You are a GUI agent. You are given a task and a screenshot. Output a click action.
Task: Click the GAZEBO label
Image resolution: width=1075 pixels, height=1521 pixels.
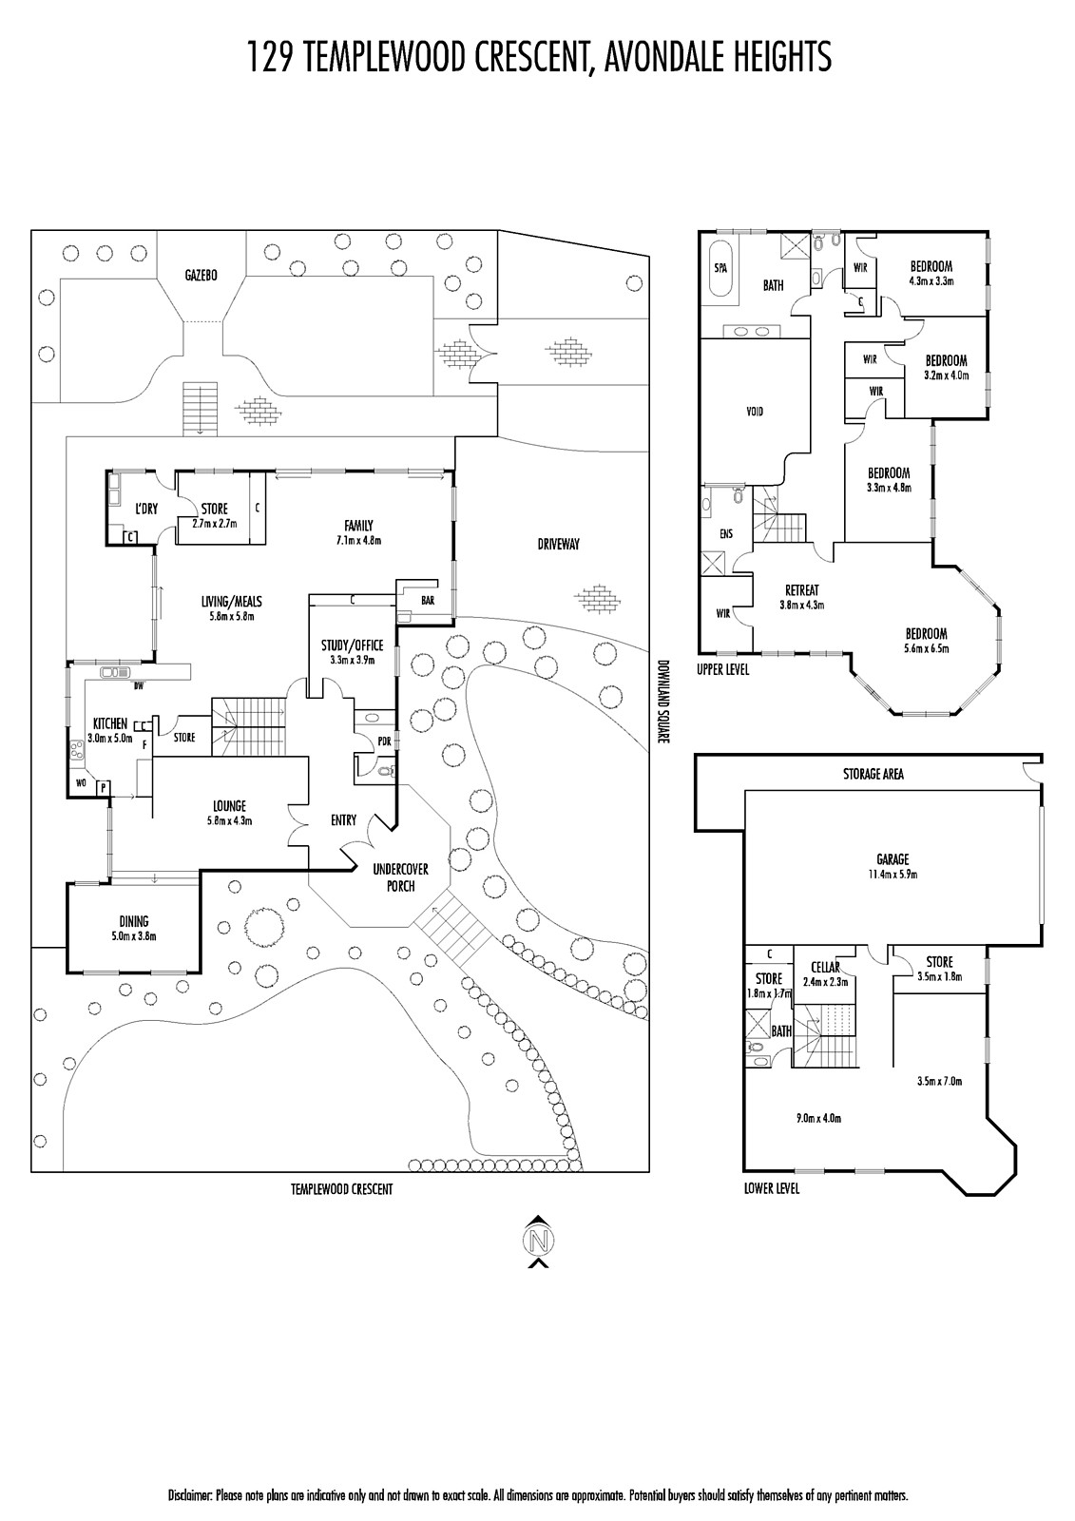201,276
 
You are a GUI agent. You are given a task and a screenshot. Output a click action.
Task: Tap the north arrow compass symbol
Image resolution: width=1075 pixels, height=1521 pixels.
537,1241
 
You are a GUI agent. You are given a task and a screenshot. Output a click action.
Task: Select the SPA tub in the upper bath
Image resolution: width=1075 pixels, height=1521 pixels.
720,268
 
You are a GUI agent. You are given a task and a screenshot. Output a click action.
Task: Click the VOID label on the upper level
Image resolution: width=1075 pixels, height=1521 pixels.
754,412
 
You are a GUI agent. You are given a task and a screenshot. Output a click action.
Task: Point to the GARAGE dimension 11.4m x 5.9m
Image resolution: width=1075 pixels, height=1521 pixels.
893,875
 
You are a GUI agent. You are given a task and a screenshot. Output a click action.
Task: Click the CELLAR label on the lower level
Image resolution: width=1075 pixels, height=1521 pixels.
825,968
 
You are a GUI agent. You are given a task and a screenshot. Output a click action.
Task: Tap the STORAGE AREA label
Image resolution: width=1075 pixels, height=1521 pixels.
873,774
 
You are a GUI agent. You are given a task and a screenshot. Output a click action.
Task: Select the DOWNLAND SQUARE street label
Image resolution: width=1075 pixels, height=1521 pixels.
663,702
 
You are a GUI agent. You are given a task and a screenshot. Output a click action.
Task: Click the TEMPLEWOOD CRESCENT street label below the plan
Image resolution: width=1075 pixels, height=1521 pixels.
341,1189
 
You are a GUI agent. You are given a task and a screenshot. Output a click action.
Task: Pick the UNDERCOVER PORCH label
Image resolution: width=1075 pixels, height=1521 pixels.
401,877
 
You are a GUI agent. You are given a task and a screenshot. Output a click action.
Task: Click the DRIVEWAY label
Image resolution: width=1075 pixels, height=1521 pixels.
558,544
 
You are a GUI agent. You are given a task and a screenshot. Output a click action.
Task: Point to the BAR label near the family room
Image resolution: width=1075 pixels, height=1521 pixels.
428,600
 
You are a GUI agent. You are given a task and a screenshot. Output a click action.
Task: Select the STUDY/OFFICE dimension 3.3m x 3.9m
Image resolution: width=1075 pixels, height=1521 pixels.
353,660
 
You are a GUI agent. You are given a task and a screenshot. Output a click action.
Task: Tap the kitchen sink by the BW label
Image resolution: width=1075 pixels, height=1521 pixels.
115,673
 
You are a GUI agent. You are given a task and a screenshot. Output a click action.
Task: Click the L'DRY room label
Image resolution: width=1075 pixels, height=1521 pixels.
146,509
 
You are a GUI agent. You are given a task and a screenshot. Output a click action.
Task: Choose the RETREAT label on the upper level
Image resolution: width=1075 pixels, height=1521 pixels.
802,590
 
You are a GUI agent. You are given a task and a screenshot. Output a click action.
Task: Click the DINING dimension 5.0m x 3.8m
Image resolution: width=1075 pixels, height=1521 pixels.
134,935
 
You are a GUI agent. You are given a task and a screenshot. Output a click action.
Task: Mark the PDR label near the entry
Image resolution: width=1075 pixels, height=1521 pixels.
384,741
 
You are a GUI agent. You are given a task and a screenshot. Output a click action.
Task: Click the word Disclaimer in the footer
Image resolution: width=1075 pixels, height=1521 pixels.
191,1496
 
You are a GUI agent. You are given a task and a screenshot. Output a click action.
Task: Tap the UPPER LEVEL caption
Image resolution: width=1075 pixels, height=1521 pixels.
722,670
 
